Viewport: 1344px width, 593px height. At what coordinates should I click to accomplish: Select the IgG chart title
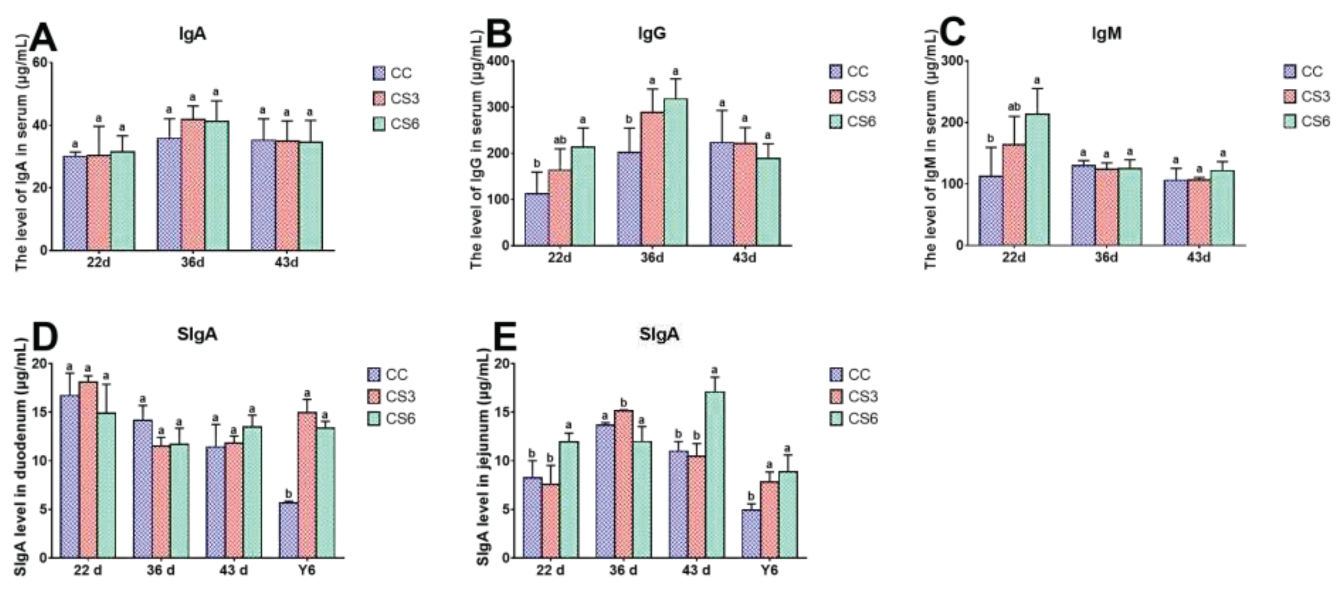651,34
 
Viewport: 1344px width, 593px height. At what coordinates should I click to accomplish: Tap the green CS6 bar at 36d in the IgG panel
676,172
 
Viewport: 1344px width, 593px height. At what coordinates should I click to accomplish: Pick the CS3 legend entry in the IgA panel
396,98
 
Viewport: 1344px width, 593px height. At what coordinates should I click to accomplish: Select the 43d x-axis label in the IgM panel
1198,258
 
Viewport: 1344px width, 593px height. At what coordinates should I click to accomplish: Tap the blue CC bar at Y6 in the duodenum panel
288,529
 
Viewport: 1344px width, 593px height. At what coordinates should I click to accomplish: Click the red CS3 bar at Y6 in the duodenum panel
307,485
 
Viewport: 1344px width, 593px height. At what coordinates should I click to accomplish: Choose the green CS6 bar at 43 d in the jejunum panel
714,474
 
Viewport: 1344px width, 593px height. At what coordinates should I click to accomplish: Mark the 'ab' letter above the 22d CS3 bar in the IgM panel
1013,107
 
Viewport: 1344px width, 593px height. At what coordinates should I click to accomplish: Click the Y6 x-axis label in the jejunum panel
769,570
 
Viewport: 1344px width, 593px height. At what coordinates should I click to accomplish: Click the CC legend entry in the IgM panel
1303,71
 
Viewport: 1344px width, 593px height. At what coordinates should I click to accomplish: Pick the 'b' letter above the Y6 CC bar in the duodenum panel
288,493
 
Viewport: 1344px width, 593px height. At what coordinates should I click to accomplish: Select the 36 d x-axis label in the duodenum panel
161,570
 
